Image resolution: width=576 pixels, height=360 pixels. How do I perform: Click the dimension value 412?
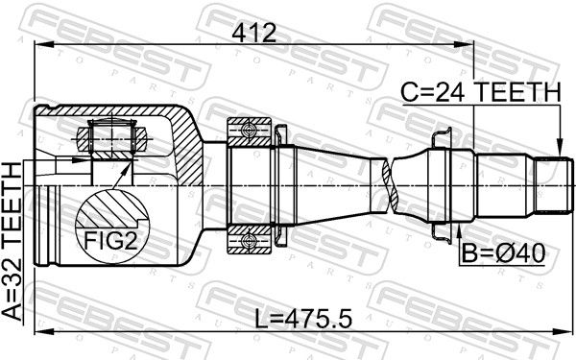pyautogui.click(x=253, y=33)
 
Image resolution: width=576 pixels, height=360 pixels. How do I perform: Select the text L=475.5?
pyautogui.click(x=303, y=319)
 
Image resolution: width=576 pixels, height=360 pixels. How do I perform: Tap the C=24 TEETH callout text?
pyautogui.click(x=481, y=92)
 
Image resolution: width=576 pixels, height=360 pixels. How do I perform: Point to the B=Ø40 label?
pyautogui.click(x=503, y=253)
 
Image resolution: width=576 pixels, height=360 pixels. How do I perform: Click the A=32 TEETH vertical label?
pyautogui.click(x=12, y=242)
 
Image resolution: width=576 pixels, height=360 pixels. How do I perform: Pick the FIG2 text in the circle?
pyautogui.click(x=110, y=241)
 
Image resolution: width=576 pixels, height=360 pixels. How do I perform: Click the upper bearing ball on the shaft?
pyautogui.click(x=249, y=131)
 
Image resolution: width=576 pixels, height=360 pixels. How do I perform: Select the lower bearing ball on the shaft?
pyautogui.click(x=249, y=241)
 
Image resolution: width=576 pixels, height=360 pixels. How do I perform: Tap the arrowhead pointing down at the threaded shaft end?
pyautogui.click(x=560, y=148)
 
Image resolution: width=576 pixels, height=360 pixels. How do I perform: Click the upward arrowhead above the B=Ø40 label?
pyautogui.click(x=459, y=231)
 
